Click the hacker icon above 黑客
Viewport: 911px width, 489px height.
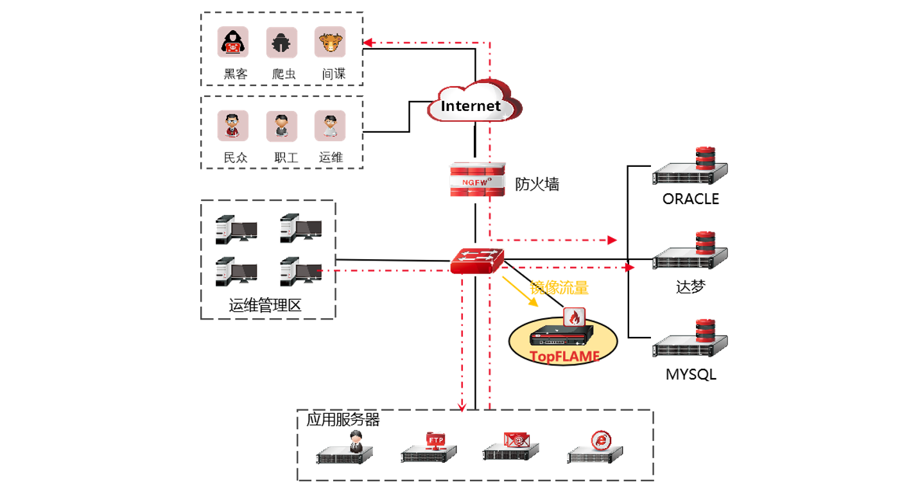pos(232,42)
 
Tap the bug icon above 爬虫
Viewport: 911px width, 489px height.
pos(282,42)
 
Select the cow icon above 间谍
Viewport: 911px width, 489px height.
pos(330,42)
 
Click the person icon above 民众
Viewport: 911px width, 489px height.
pos(232,126)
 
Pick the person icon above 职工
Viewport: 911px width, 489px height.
pos(282,126)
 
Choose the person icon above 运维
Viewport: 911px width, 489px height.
pos(330,126)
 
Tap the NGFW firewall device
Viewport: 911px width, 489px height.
pos(476,182)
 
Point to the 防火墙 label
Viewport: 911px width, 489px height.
pos(537,184)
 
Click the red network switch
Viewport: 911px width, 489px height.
pos(476,260)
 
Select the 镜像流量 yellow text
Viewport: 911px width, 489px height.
pos(559,287)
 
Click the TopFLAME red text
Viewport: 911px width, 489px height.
pos(564,356)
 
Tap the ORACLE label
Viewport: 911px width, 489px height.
pos(691,199)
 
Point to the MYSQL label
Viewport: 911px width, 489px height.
pos(691,373)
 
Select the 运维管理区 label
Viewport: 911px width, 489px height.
pos(265,305)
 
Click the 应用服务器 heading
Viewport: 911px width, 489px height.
pos(343,420)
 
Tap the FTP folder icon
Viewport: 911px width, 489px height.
pos(436,440)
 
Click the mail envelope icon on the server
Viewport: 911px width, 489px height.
pos(517,439)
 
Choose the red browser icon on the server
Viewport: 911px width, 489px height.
pos(601,440)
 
